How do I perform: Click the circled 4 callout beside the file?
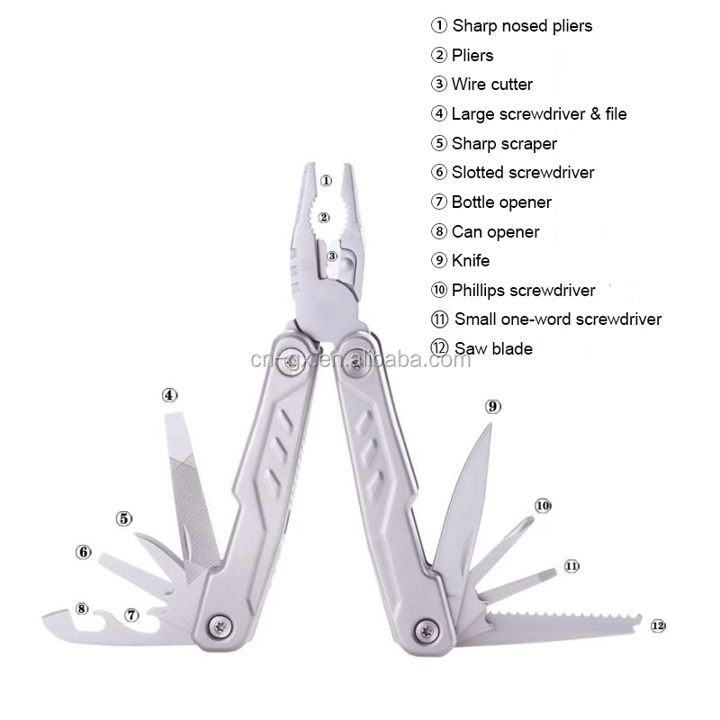pos(170,395)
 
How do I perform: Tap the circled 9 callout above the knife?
pos(492,407)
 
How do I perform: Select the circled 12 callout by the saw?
pos(658,625)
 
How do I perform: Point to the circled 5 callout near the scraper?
pos(124,519)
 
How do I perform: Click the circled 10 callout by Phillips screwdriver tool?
pos(543,506)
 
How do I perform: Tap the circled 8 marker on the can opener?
pos(82,609)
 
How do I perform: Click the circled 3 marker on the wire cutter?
pos(332,256)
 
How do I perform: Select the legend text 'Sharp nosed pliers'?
pos(523,26)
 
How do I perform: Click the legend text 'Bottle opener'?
pos(501,202)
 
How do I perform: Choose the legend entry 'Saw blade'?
pos(493,348)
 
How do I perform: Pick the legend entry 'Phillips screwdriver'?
pos(524,290)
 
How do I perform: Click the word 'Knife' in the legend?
pos(471,261)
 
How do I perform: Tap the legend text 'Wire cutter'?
pos(492,85)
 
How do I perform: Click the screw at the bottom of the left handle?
pos(220,625)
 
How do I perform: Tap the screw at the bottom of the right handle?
pos(427,631)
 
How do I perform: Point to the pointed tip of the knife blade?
pos(490,424)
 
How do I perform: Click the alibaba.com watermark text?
pos(361,360)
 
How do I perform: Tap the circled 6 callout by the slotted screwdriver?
pos(84,552)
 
